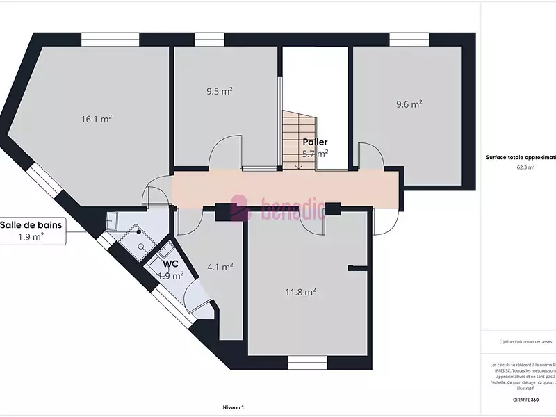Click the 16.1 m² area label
tap(97, 119)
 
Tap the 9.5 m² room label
tap(219, 90)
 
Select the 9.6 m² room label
tap(409, 104)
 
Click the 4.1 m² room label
tap(220, 266)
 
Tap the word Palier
tap(315, 142)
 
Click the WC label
tap(171, 264)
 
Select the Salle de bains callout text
tap(31, 224)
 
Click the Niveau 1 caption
tap(234, 408)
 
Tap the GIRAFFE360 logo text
tap(525, 400)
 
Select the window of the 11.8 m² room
tap(307, 362)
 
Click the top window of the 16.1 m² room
tap(105, 40)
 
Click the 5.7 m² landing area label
tap(315, 153)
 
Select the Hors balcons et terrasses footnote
tap(525, 342)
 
